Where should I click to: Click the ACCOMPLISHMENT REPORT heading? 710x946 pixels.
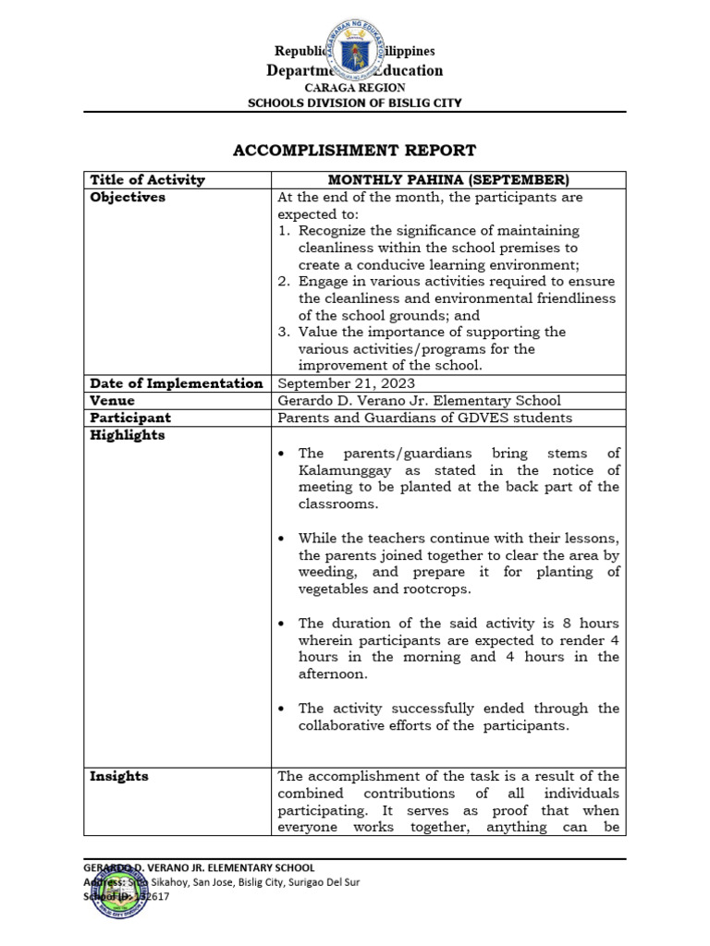[x=354, y=150]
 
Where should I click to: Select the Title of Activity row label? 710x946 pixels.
[x=147, y=180]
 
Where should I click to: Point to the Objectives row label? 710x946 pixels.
[x=128, y=198]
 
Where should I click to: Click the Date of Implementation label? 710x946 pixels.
[x=176, y=383]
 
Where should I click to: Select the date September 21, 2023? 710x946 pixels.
[x=347, y=383]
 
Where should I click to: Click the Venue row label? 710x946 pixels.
[x=112, y=401]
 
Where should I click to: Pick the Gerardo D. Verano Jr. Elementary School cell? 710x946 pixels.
[x=419, y=401]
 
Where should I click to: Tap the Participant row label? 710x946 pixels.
[x=130, y=418]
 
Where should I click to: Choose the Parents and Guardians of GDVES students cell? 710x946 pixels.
[x=425, y=418]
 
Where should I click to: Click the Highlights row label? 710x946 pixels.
[x=128, y=436]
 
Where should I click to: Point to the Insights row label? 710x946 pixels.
[x=118, y=777]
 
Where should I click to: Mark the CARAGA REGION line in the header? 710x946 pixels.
[x=354, y=88]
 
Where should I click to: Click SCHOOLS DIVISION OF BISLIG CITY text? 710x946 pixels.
[x=354, y=103]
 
